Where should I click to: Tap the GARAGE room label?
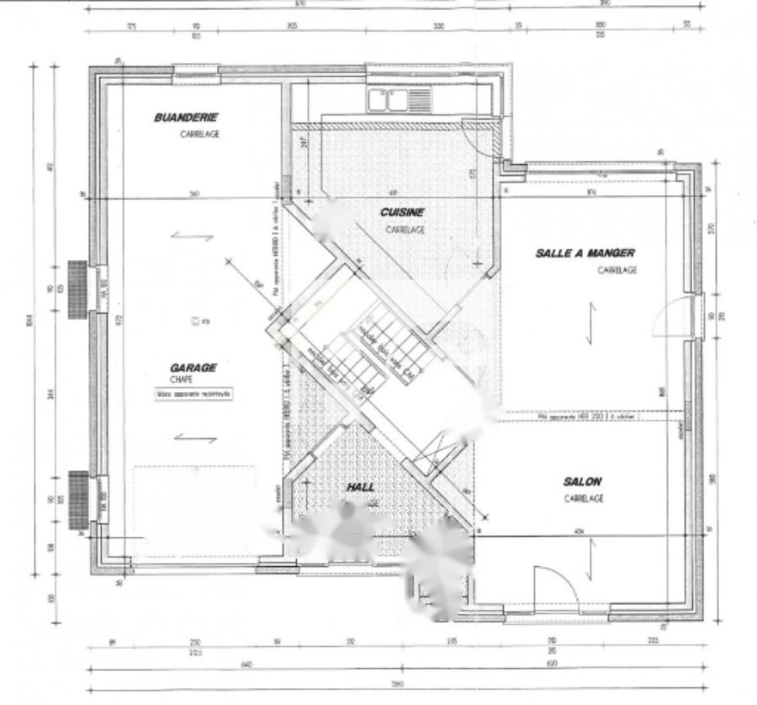pyautogui.click(x=193, y=368)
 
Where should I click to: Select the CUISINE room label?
pyautogui.click(x=402, y=213)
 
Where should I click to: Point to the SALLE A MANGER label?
pyautogui.click(x=585, y=252)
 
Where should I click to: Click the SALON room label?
pyautogui.click(x=582, y=481)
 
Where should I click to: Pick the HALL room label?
pyautogui.click(x=361, y=487)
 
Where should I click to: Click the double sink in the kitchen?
pyautogui.click(x=399, y=100)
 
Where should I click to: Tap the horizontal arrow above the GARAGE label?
pyautogui.click(x=193, y=237)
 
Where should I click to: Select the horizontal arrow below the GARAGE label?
pyautogui.click(x=195, y=437)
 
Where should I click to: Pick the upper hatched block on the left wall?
pyautogui.click(x=77, y=289)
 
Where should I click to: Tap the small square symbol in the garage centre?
pyautogui.click(x=196, y=321)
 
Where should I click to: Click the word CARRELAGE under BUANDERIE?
pyautogui.click(x=199, y=134)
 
